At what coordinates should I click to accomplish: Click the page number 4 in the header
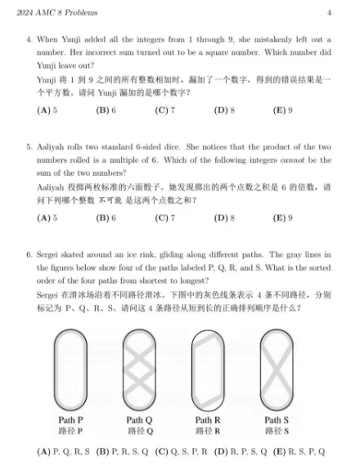pyautogui.click(x=329, y=12)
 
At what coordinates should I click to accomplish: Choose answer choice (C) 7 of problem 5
pyautogui.click(x=164, y=218)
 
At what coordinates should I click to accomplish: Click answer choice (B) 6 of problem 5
pyautogui.click(x=106, y=218)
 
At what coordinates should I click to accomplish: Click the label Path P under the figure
pyautogui.click(x=70, y=420)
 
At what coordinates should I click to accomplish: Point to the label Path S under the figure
pyautogui.click(x=277, y=420)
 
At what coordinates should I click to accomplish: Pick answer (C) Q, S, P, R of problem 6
pyautogui.click(x=181, y=451)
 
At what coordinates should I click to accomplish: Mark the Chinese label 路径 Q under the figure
pyautogui.click(x=139, y=430)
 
